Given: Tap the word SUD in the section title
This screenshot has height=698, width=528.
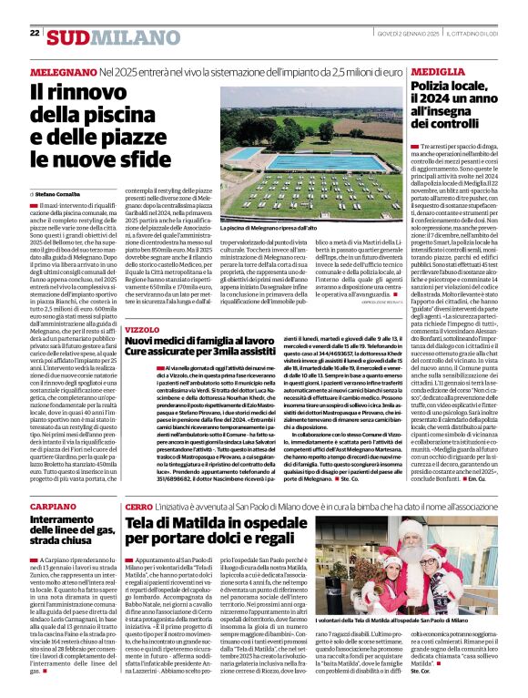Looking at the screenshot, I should point(69,37).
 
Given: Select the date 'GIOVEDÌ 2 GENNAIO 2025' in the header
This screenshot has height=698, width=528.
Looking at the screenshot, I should point(405,33).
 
